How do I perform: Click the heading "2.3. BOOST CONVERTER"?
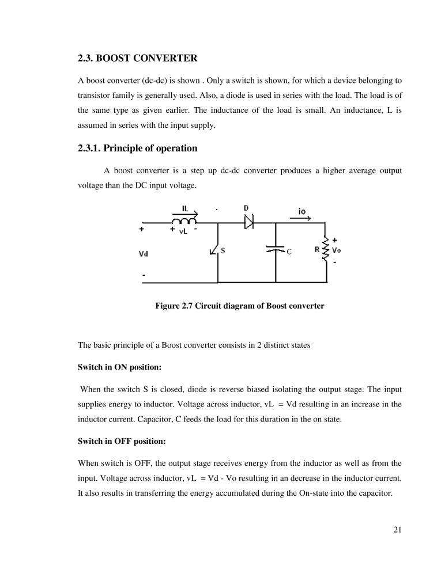click(x=137, y=58)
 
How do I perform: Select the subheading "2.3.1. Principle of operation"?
click(x=137, y=149)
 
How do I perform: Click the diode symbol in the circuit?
click(x=249, y=222)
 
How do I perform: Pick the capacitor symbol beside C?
click(x=276, y=250)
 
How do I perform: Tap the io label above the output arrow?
click(x=302, y=211)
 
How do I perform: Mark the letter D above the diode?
click(x=246, y=208)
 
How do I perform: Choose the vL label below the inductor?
click(x=183, y=231)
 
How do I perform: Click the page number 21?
click(x=397, y=531)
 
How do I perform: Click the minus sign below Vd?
click(x=144, y=276)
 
